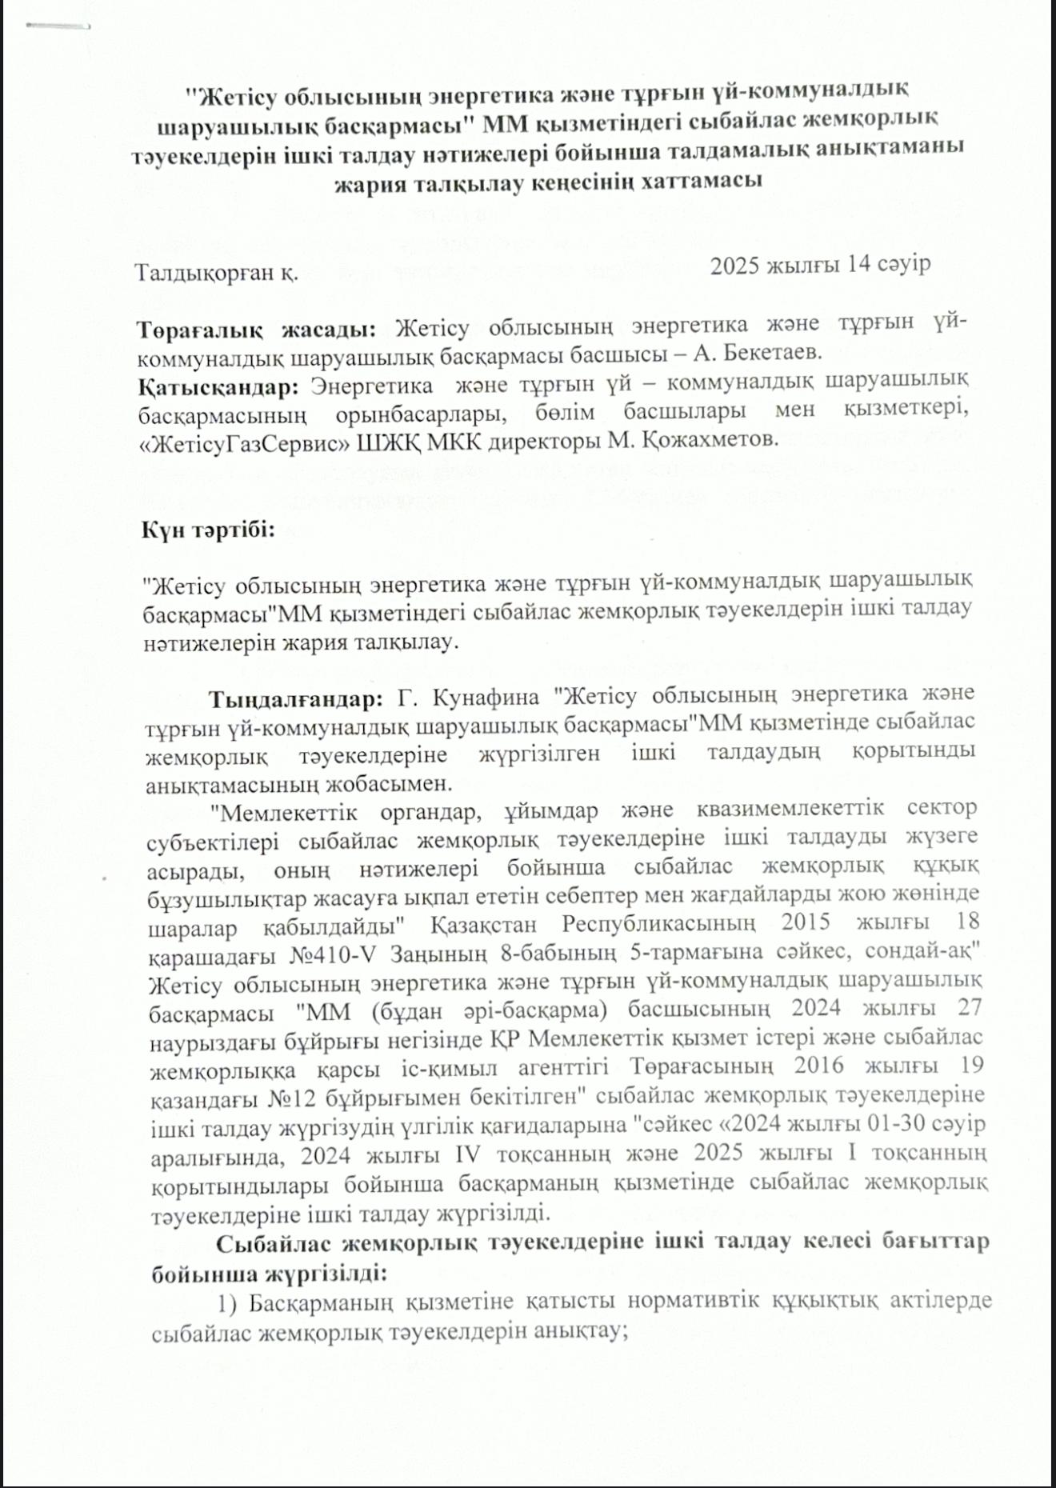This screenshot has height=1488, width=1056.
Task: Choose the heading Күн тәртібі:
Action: click(x=208, y=530)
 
